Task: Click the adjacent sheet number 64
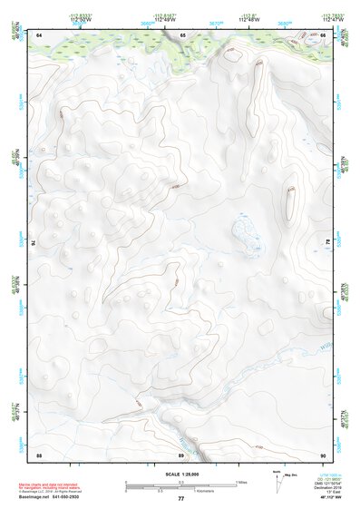39,34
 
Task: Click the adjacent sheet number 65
181,34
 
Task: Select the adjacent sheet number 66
324,34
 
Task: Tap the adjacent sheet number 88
39,454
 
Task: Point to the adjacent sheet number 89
181,454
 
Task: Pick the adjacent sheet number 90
324,454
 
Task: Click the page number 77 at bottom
180,499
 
